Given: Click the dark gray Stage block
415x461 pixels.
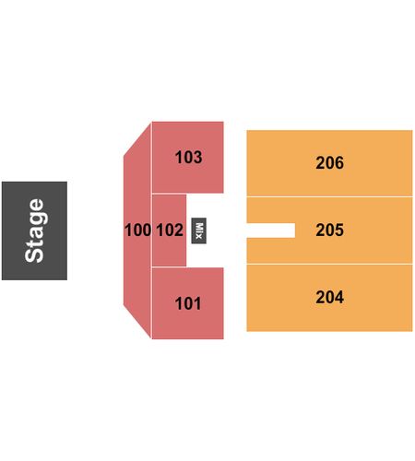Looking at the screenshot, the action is [x=34, y=230].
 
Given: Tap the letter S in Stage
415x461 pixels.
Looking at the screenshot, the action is [x=34, y=254].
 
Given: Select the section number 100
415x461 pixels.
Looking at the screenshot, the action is [x=137, y=230].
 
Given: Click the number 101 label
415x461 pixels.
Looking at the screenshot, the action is [x=188, y=303].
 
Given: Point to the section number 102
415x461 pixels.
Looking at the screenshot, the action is [x=170, y=230].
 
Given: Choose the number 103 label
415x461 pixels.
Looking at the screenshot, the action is [x=188, y=157].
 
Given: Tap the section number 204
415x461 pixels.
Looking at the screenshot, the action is [x=329, y=297].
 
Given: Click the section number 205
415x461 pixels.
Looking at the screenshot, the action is [x=329, y=230].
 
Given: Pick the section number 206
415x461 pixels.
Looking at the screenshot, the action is [x=329, y=162].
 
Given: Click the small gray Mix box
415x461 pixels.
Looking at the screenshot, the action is [x=199, y=230].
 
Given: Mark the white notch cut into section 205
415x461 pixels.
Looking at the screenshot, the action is [x=271, y=230].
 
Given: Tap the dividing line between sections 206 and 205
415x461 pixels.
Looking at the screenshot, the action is [x=329, y=196].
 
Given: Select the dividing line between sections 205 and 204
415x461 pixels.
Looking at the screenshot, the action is [x=329, y=264].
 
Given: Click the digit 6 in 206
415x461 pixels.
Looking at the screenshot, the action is [x=339, y=162].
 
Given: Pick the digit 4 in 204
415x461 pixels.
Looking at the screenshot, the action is [x=339, y=297].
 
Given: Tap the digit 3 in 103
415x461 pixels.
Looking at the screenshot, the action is [x=197, y=157].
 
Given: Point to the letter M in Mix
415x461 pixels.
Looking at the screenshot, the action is [x=199, y=227].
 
